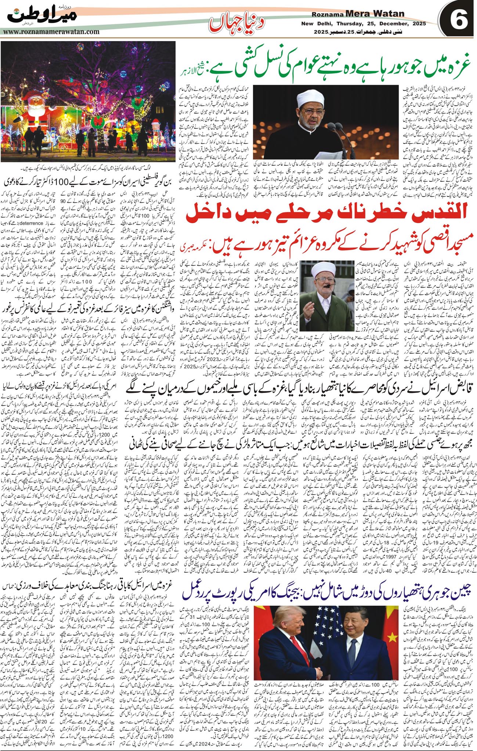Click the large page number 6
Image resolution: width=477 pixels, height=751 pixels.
tap(459, 20)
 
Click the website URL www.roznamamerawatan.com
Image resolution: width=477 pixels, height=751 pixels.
tap(51, 32)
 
